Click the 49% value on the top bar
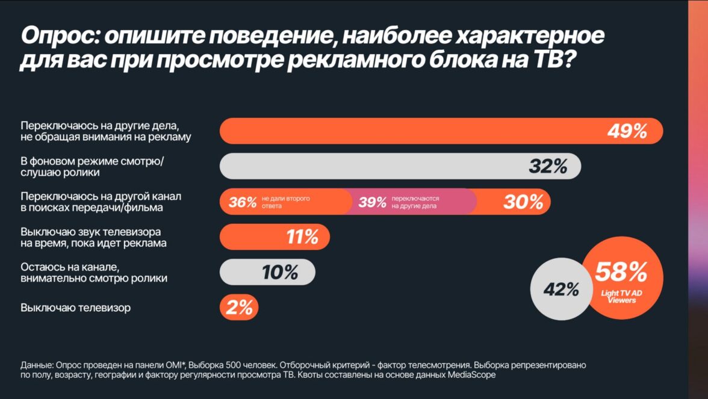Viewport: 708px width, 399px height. [x=627, y=131]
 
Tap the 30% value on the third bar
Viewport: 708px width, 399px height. [x=523, y=202]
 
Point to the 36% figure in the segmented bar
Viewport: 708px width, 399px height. [x=243, y=202]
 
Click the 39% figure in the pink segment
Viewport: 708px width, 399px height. [x=372, y=202]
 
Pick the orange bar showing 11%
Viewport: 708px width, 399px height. [x=275, y=237]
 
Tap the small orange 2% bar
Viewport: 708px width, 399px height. [x=239, y=308]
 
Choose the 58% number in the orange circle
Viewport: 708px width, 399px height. [x=621, y=272]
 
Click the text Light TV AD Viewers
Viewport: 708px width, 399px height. [x=621, y=296]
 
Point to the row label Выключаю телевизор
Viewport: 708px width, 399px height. [x=76, y=308]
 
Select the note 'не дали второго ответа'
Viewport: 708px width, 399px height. [x=285, y=202]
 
